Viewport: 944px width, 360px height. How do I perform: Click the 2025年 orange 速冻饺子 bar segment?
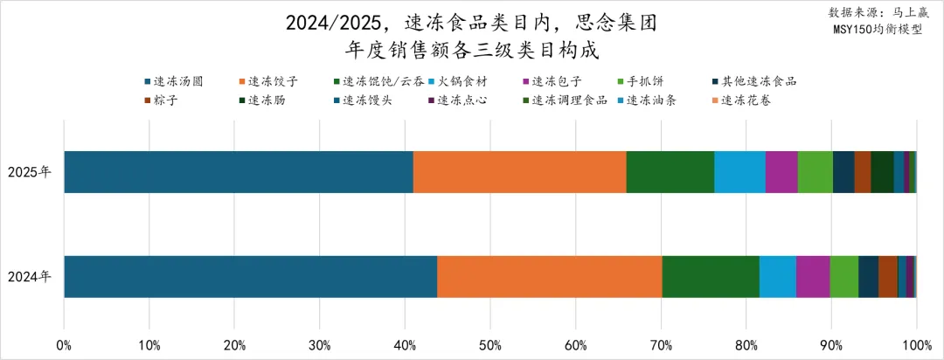tap(519, 171)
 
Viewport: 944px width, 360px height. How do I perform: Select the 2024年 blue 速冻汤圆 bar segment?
tap(250, 276)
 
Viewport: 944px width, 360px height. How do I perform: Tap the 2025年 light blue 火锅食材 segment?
tap(739, 171)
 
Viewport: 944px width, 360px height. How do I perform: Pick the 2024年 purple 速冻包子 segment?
tap(813, 276)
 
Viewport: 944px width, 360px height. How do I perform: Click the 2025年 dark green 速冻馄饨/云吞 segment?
tap(670, 171)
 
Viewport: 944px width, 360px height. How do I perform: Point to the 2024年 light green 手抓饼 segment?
tap(844, 276)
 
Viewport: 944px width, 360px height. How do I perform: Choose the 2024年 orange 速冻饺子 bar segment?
tap(550, 276)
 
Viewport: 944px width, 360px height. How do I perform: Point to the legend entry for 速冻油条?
tap(650, 100)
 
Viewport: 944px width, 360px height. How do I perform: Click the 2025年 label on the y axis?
tap(30, 171)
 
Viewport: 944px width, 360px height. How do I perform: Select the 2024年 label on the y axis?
tap(30, 276)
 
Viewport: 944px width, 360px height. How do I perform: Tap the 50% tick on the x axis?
tap(490, 345)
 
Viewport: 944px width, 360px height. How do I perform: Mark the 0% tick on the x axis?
tap(64, 345)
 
